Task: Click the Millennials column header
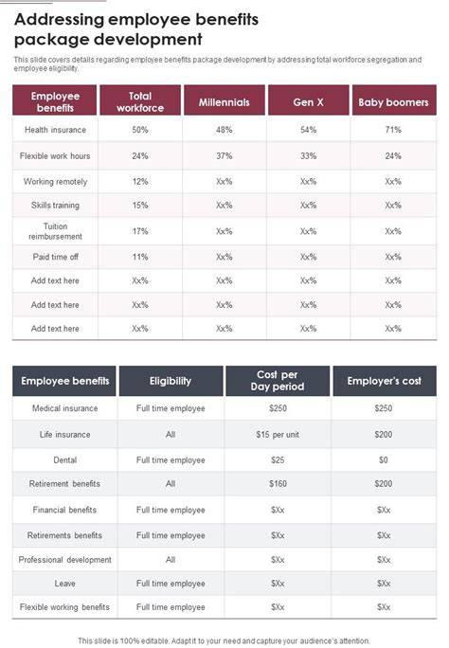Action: tap(224, 102)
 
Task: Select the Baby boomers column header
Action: tap(393, 102)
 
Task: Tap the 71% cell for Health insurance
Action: tap(393, 130)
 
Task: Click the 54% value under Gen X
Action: tap(308, 130)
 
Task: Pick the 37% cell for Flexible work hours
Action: tap(224, 155)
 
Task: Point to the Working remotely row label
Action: tap(55, 182)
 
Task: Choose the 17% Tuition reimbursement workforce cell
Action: tap(140, 231)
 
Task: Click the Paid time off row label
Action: tap(55, 257)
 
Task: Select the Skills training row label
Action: tap(55, 206)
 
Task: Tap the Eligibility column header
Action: tap(171, 381)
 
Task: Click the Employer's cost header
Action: tap(385, 381)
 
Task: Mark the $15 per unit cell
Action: tap(278, 434)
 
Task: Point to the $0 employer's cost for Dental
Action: tap(384, 460)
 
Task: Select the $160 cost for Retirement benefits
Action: tap(278, 483)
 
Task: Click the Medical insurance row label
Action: tap(64, 408)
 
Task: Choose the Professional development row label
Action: tap(64, 560)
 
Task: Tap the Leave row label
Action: tap(64, 584)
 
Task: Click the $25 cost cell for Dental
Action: tap(278, 460)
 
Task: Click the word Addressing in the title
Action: tap(59, 20)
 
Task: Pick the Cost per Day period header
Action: tap(278, 381)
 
